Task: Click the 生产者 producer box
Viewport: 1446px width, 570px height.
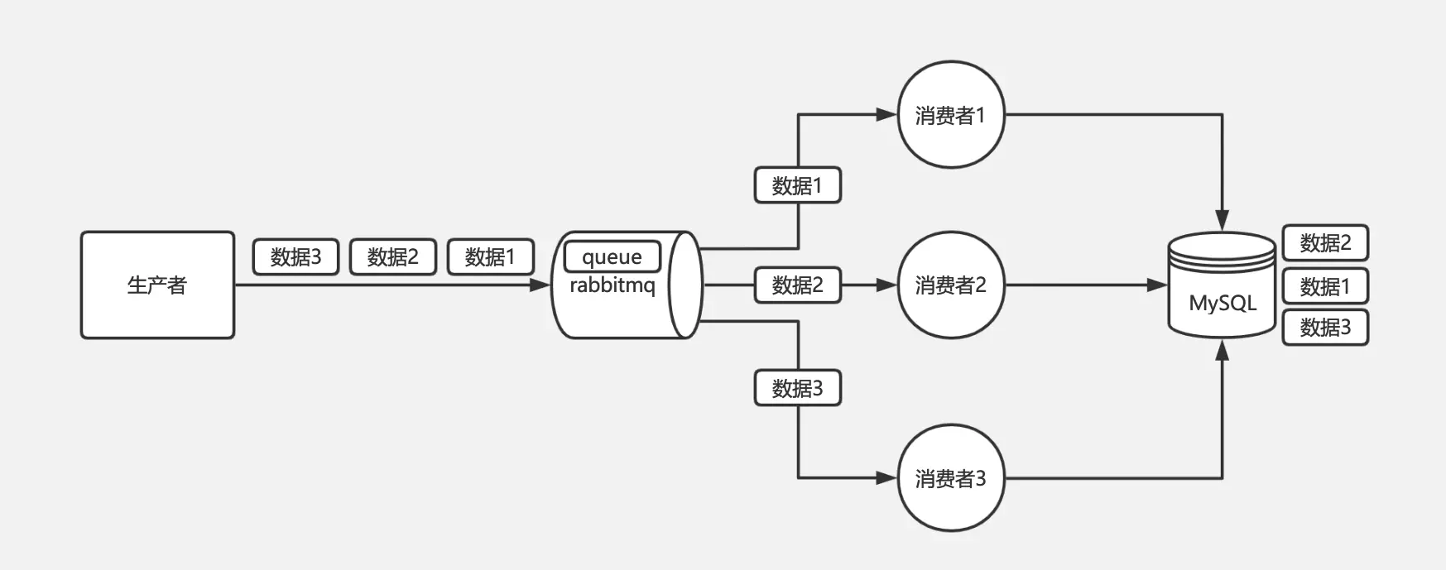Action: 157,285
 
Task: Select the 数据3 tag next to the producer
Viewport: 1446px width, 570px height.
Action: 295,257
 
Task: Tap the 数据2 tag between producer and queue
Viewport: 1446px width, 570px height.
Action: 393,257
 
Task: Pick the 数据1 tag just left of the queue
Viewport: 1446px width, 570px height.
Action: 490,257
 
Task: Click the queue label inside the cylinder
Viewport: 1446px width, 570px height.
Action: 612,256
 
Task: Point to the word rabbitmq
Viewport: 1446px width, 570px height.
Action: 612,286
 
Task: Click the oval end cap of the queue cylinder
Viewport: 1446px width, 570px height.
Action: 685,285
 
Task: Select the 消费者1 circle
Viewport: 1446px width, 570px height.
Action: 951,115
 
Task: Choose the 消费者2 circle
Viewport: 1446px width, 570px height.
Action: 951,285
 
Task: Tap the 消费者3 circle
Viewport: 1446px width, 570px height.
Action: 951,478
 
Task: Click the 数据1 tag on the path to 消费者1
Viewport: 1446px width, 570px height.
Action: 797,185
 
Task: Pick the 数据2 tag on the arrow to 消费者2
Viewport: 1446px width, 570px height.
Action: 797,285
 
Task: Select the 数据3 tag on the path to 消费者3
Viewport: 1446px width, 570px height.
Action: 797,388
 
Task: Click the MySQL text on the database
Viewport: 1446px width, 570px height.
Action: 1222,303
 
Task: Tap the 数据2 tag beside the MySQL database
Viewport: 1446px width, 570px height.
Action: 1324,242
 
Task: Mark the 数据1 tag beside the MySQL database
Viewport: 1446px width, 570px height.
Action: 1324,286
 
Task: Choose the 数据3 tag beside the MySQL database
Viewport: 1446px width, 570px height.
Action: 1324,328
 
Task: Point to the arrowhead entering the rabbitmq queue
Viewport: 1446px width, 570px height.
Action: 540,285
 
